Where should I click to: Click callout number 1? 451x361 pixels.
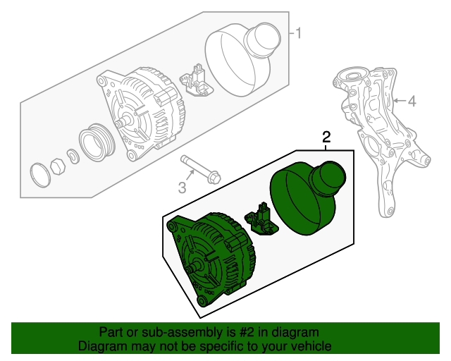pyautogui.click(x=298, y=33)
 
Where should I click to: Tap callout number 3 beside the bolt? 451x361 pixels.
pyautogui.click(x=182, y=187)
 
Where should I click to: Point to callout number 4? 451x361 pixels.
pyautogui.click(x=412, y=102)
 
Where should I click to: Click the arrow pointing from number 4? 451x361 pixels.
pyautogui.click(x=398, y=102)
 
